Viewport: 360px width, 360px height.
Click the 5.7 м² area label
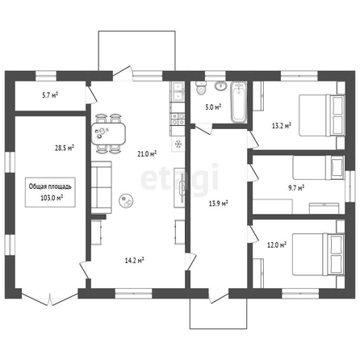tap(50, 95)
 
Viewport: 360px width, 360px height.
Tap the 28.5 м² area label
tap(65, 148)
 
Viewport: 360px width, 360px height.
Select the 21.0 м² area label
tap(147, 154)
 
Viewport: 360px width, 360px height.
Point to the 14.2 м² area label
tap(134, 260)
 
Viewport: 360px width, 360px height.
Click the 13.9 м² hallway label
tap(219, 203)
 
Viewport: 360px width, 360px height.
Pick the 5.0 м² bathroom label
tap(213, 107)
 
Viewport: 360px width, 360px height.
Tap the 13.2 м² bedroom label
tap(282, 125)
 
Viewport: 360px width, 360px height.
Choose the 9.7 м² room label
tap(296, 187)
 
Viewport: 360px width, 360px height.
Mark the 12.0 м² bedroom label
tap(277, 245)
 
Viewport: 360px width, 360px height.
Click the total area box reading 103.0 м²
tap(50, 192)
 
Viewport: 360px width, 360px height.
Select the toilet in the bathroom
tap(201, 88)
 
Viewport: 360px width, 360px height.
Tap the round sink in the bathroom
tap(221, 86)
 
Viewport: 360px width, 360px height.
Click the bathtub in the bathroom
tap(239, 102)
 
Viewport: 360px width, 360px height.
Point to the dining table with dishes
tap(108, 133)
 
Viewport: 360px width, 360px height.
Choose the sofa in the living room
tap(101, 187)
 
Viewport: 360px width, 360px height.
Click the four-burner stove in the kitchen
tap(178, 119)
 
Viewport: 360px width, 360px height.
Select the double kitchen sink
tap(178, 91)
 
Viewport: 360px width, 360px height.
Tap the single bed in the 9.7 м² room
tap(319, 167)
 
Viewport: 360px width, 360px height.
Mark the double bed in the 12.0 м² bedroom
tap(318, 254)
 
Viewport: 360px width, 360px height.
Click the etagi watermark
tap(180, 179)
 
